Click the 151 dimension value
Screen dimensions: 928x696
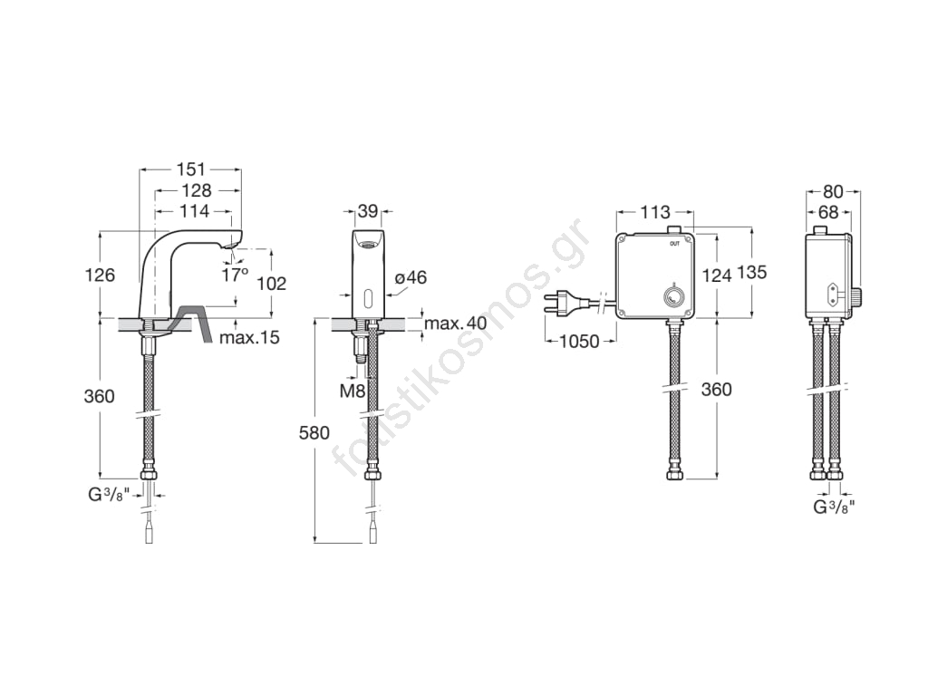(x=191, y=169)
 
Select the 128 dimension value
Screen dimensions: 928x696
(x=197, y=190)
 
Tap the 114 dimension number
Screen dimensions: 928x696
(x=196, y=210)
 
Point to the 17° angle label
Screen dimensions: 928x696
(x=236, y=275)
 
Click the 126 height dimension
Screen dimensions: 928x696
(x=100, y=275)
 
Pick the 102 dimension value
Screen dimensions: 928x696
(x=272, y=284)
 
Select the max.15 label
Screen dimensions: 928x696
(x=249, y=338)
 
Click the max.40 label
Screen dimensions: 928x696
(x=455, y=324)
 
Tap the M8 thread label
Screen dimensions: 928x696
(x=353, y=391)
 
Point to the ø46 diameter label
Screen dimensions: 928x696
(x=411, y=277)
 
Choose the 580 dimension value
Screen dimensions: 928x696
(x=314, y=432)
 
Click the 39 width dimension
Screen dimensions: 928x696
(x=368, y=210)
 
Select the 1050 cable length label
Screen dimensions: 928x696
(x=580, y=342)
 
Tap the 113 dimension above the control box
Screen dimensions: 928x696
(x=654, y=212)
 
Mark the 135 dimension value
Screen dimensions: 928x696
(x=751, y=272)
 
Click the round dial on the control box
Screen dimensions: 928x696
(x=672, y=296)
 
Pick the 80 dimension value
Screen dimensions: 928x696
(x=834, y=192)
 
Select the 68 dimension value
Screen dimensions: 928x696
(x=829, y=212)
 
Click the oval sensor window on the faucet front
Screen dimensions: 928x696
(x=368, y=296)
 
